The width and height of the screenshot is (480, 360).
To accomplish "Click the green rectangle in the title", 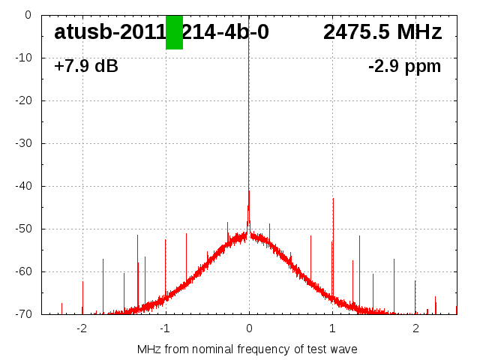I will (x=174, y=32).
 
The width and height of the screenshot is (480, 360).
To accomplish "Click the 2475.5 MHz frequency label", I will (x=382, y=32).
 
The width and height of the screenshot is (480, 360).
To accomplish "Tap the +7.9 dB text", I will (x=86, y=67).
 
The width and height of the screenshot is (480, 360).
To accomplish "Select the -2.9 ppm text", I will (x=404, y=67).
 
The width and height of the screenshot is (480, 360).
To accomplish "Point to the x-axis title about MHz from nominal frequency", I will (x=247, y=349).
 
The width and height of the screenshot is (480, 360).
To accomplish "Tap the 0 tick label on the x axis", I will (x=249, y=328).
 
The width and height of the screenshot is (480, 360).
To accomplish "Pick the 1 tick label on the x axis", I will (x=332, y=328).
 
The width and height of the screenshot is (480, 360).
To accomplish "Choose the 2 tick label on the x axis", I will (x=415, y=328).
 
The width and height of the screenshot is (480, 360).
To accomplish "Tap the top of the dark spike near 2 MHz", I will (x=415, y=281).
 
